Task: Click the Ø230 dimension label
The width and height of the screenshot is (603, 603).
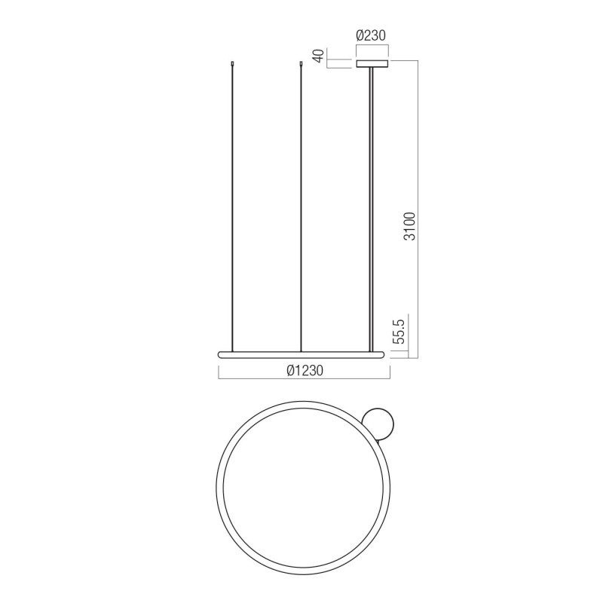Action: (x=371, y=35)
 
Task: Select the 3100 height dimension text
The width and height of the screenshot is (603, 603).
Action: (x=411, y=227)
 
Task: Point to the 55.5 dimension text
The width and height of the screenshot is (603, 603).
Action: (x=400, y=331)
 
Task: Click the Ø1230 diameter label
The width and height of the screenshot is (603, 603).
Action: (x=305, y=370)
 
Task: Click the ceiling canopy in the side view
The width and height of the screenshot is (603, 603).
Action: (x=372, y=64)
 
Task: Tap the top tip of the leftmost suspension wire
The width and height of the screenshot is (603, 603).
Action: (x=232, y=61)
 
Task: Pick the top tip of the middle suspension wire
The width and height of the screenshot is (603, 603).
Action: (x=301, y=61)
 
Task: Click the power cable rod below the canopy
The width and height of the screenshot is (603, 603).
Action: (x=371, y=210)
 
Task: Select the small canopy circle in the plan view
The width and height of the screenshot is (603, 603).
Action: (x=378, y=424)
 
